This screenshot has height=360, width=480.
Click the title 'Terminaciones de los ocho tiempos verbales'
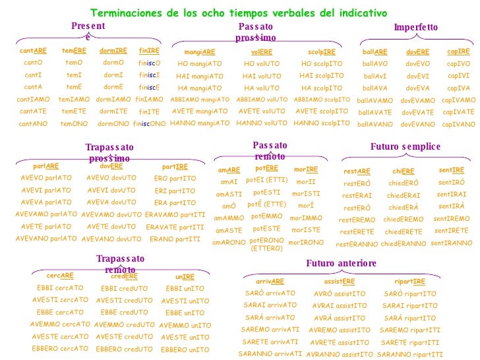click(238, 13)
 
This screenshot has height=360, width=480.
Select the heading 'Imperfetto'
click(415, 27)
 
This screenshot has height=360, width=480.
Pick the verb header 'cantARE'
click(33, 51)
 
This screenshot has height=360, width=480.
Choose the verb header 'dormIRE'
click(113, 51)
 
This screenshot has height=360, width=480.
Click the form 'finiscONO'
click(149, 123)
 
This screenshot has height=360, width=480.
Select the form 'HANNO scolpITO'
click(321, 123)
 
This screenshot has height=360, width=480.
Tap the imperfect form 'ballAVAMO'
click(375, 101)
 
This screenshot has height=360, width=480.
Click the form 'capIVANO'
click(458, 124)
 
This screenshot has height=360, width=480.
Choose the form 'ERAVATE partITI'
click(175, 227)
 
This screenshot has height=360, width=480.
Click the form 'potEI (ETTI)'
click(266, 180)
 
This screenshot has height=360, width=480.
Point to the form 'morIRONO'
click(306, 242)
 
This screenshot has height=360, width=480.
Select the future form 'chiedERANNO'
click(404, 244)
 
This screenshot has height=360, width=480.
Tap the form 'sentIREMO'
click(452, 218)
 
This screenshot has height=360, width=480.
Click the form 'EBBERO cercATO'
click(59, 349)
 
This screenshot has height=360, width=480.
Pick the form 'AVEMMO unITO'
click(185, 325)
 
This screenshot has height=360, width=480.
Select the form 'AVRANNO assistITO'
click(340, 354)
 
